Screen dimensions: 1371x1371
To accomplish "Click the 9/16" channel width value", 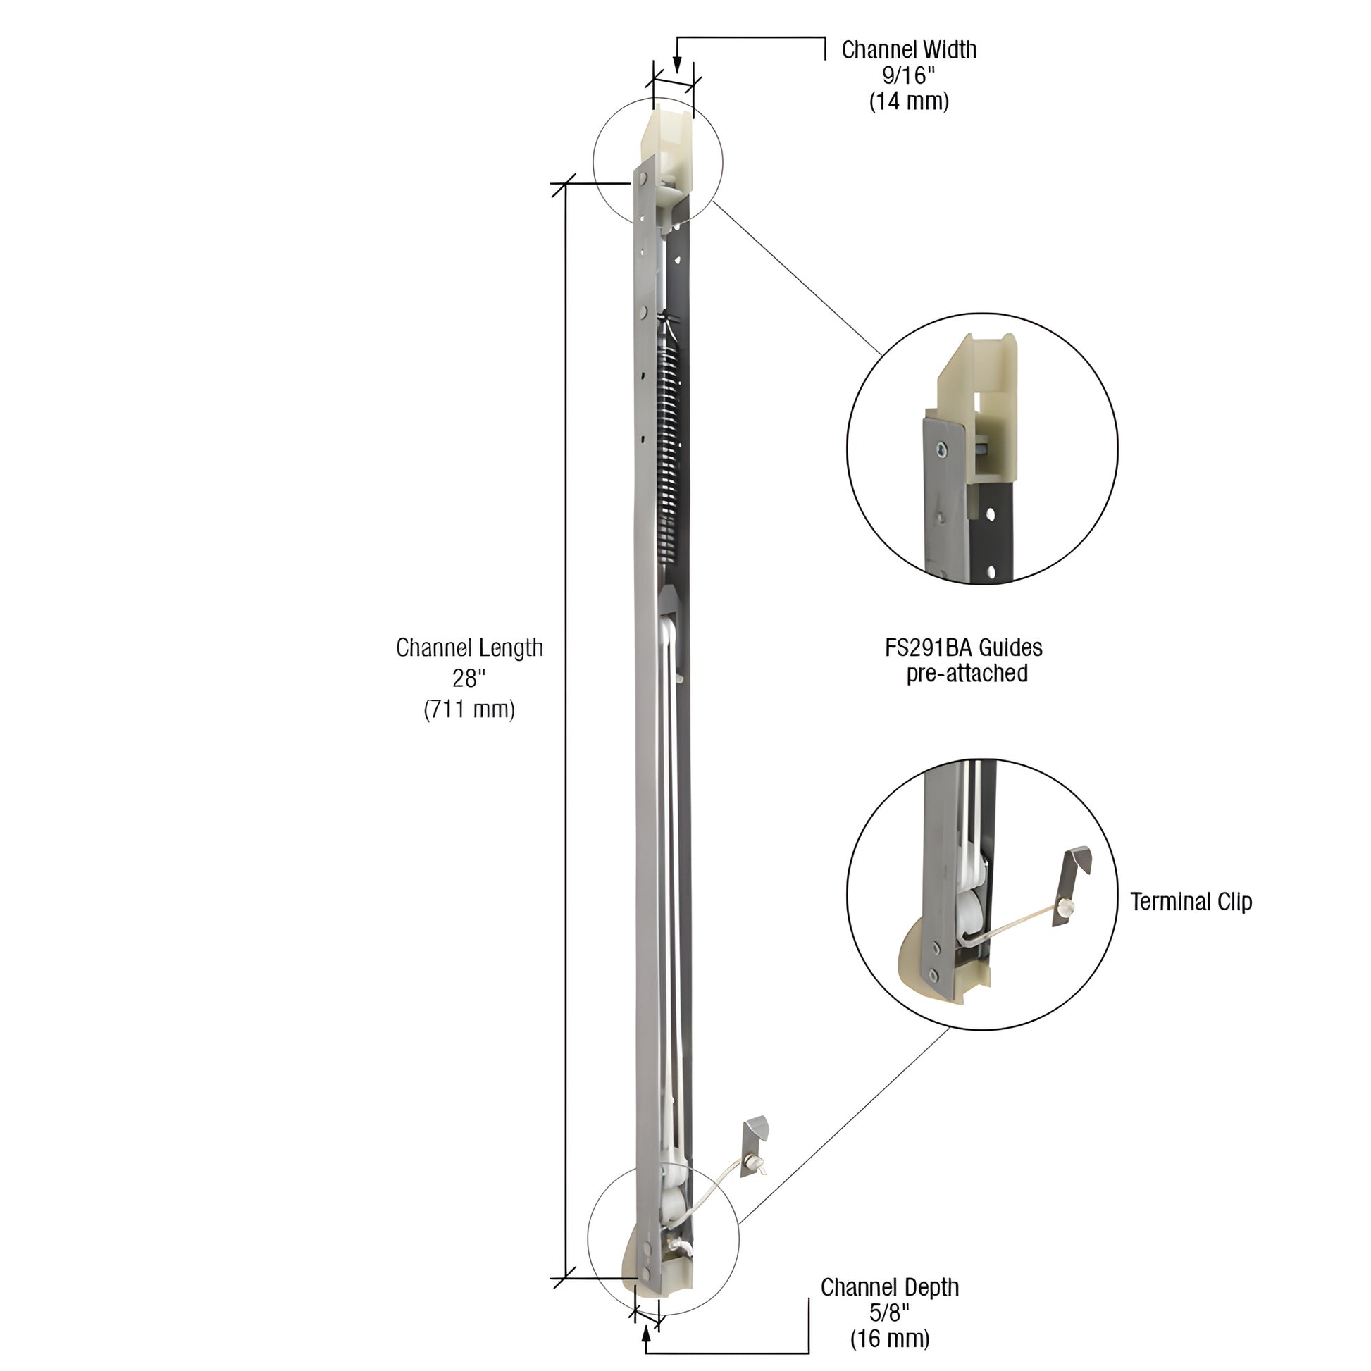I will click(908, 75).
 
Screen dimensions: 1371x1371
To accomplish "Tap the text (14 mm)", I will click(908, 101).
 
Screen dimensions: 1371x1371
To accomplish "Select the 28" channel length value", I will click(469, 678).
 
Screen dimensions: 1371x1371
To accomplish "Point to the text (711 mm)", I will click(469, 709).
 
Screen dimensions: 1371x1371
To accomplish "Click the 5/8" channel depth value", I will click(889, 1313).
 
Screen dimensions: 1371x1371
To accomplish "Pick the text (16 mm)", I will click(889, 1339).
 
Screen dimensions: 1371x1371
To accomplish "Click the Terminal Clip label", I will click(1191, 902).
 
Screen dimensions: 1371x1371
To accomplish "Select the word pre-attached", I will click(967, 673).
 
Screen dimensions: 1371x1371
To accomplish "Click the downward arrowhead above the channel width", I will click(677, 66).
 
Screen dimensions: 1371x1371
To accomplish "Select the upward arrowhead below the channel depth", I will click(646, 1334).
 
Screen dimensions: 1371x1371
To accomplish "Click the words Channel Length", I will click(469, 647).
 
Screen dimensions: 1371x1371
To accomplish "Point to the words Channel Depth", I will click(889, 1287).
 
